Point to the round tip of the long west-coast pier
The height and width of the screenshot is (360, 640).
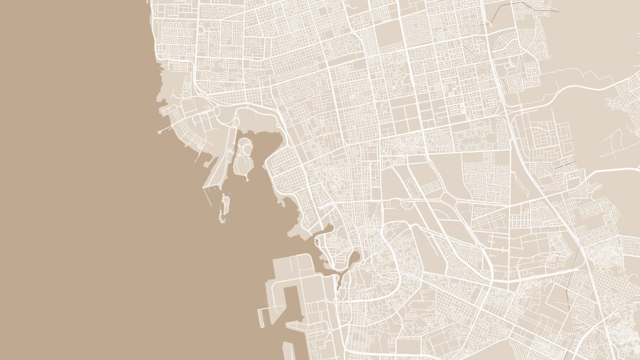point(159,132)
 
